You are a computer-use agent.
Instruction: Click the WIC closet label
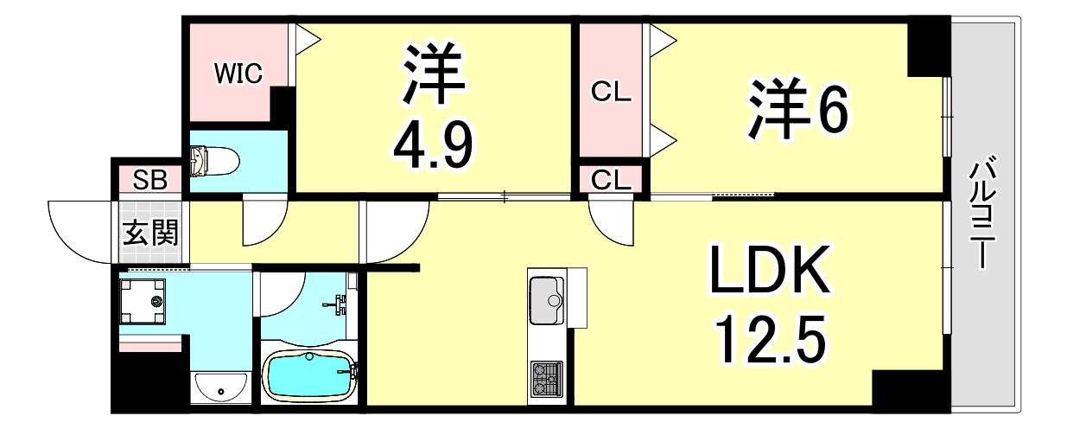[x=238, y=74]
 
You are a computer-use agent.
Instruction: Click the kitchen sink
[x=547, y=298]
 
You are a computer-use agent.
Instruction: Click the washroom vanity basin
[x=219, y=388]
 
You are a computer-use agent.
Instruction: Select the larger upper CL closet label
[x=612, y=92]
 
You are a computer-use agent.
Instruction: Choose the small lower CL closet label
[x=612, y=179]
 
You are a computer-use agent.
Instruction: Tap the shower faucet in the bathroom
[x=340, y=302]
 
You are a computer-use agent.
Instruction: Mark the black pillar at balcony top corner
[x=929, y=48]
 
